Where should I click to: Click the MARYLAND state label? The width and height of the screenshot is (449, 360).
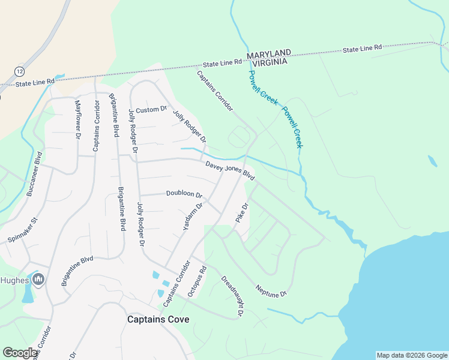269,53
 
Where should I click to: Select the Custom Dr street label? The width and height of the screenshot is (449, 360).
151,110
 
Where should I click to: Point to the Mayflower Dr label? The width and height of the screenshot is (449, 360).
77,119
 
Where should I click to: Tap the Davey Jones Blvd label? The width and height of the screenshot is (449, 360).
230,170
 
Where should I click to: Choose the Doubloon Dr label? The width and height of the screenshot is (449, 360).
184,193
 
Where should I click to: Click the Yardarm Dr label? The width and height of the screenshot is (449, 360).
194,217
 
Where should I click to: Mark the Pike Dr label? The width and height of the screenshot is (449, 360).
242,214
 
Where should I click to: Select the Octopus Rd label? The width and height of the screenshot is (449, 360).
197,281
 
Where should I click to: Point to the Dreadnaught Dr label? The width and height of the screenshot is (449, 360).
232,295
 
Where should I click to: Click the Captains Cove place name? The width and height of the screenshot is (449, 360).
158,319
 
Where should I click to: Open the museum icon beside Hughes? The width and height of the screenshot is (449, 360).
38,279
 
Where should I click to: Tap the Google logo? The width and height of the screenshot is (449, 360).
20,353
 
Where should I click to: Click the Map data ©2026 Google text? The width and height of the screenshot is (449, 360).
411,355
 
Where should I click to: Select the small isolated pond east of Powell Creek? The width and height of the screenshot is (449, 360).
432,161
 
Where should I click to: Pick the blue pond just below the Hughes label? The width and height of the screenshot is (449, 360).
28,295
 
